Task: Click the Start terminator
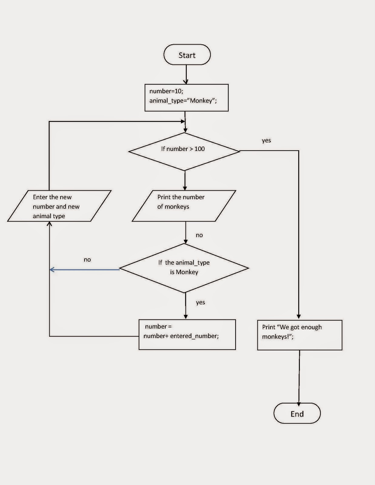point(187,55)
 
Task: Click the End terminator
point(297,413)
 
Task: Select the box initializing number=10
point(186,98)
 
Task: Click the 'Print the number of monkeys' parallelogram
point(184,206)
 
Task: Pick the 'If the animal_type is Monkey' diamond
point(184,268)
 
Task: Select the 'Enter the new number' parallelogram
point(59,206)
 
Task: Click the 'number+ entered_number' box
point(187,335)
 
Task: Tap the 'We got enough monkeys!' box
point(300,335)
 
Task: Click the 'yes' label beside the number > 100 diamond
point(266,140)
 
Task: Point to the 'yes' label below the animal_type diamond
point(200,302)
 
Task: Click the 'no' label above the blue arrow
point(87,260)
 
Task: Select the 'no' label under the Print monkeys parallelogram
point(199,235)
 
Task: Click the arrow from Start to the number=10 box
point(186,74)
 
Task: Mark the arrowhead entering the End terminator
point(299,404)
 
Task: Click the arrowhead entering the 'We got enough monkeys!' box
point(299,317)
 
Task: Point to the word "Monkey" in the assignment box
point(201,101)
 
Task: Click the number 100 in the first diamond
point(199,149)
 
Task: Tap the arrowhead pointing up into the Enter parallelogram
point(49,224)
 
